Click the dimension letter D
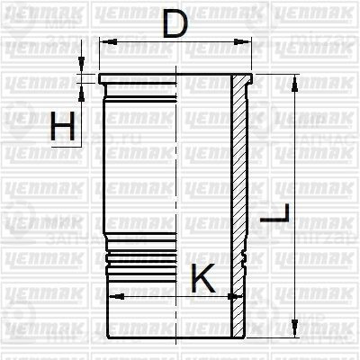coord(175,23)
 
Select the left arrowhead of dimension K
coord(112,294)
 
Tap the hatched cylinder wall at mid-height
coord(238,180)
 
